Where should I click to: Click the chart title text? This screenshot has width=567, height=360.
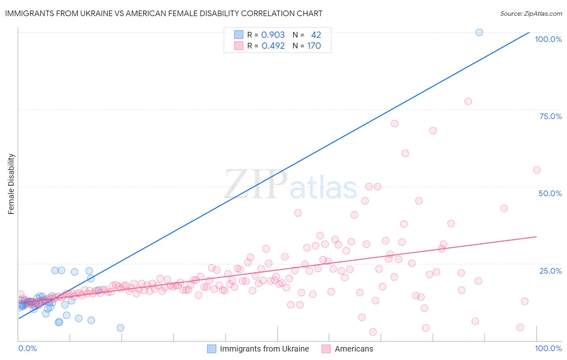click(164, 13)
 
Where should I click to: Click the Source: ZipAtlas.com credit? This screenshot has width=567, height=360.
click(531, 13)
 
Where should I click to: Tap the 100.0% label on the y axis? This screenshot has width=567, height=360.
click(548, 39)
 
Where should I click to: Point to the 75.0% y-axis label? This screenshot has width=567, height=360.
click(550, 116)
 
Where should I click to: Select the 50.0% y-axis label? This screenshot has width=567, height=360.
click(550, 193)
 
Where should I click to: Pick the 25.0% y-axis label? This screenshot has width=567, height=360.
click(550, 271)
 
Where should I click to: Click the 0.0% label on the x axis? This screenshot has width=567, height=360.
click(27, 348)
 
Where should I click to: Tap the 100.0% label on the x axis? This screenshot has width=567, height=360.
click(548, 348)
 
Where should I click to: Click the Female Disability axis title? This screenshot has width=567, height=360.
click(11, 184)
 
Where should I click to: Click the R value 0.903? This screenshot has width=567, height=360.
click(273, 35)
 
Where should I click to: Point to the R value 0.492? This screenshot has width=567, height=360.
click(273, 46)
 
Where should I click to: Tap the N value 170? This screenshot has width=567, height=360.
click(314, 46)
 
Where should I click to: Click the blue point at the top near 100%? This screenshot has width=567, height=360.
click(479, 32)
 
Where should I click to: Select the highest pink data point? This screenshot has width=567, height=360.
click(468, 101)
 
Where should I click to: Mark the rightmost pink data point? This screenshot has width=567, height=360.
click(537, 170)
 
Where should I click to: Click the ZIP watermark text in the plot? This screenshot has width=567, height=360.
click(256, 184)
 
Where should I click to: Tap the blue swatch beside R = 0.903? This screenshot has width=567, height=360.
click(239, 35)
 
